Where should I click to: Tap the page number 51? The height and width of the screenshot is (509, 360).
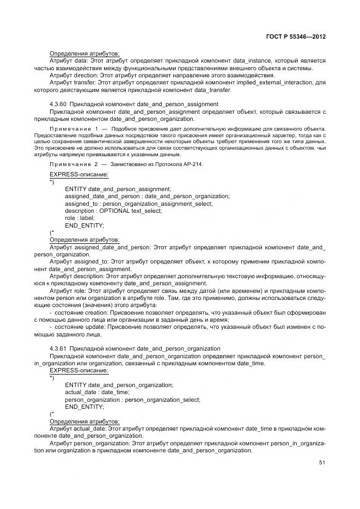pos(322,463)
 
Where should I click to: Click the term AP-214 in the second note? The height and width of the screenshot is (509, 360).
pos(193,164)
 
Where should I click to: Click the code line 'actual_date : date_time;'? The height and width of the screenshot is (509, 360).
pos(97,393)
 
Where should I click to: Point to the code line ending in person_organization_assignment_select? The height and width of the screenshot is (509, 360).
pos(139,203)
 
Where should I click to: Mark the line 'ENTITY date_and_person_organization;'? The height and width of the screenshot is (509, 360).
pos(119,385)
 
